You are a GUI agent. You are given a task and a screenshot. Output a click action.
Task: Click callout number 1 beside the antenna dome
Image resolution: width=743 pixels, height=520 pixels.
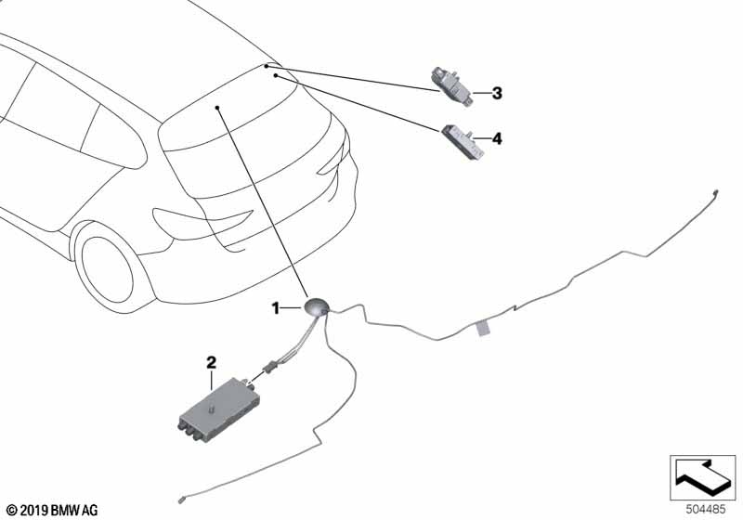pyautogui.click(x=275, y=306)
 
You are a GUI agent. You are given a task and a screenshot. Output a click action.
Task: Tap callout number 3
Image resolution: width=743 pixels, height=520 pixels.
pyautogui.click(x=497, y=93)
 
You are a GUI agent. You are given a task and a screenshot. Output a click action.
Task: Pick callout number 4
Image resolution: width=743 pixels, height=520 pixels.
pyautogui.click(x=497, y=138)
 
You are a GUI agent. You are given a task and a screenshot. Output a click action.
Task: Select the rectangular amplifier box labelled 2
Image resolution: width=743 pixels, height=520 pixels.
pyautogui.click(x=219, y=405)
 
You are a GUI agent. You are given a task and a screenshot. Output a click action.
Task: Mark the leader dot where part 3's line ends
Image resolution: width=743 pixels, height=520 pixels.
pyautogui.click(x=267, y=67)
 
